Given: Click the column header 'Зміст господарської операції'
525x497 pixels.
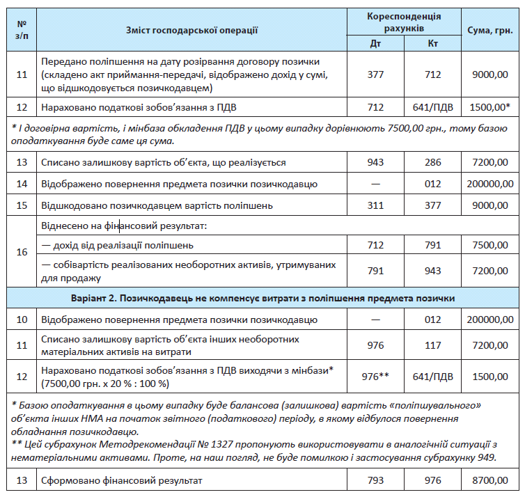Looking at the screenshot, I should [192, 30].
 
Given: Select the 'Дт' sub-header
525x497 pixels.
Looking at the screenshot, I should [375, 43].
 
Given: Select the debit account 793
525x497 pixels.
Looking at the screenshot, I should [375, 480].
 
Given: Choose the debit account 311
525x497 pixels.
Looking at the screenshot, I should [375, 205].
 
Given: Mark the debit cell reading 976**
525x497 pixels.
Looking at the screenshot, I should [375, 376].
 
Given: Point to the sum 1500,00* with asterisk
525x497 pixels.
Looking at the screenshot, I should [490, 108].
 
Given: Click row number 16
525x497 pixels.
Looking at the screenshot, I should [22, 252].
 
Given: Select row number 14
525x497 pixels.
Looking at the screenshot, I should [22, 184].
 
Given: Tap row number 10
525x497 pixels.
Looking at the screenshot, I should [22, 319].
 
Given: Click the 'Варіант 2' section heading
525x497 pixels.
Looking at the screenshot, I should [262, 298].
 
